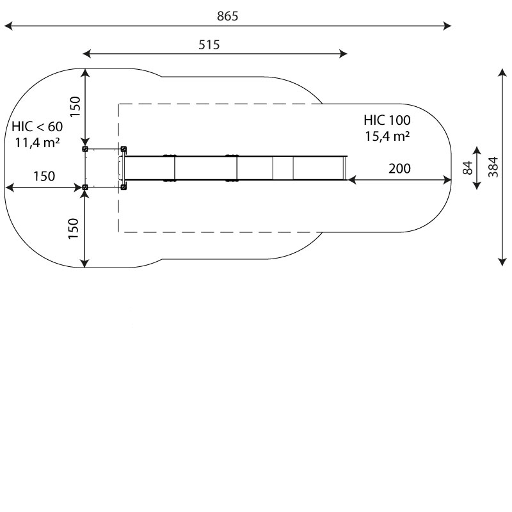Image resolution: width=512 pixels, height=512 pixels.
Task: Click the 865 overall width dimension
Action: tap(228, 16)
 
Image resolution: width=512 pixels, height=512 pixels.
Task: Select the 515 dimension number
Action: tap(209, 45)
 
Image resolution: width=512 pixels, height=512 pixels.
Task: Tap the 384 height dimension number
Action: tap(493, 167)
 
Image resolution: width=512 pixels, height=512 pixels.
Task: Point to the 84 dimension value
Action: tap(468, 168)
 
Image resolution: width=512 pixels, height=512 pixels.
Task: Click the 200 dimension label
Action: tap(399, 169)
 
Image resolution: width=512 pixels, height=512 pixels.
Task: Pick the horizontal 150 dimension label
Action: tap(44, 177)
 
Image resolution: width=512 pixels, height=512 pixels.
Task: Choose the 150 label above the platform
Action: tap(75, 107)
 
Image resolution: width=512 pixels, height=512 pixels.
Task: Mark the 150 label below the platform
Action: tap(74, 228)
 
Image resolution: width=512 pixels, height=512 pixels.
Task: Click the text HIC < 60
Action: tap(37, 127)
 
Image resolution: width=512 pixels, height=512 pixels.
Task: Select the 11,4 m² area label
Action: tap(37, 142)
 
